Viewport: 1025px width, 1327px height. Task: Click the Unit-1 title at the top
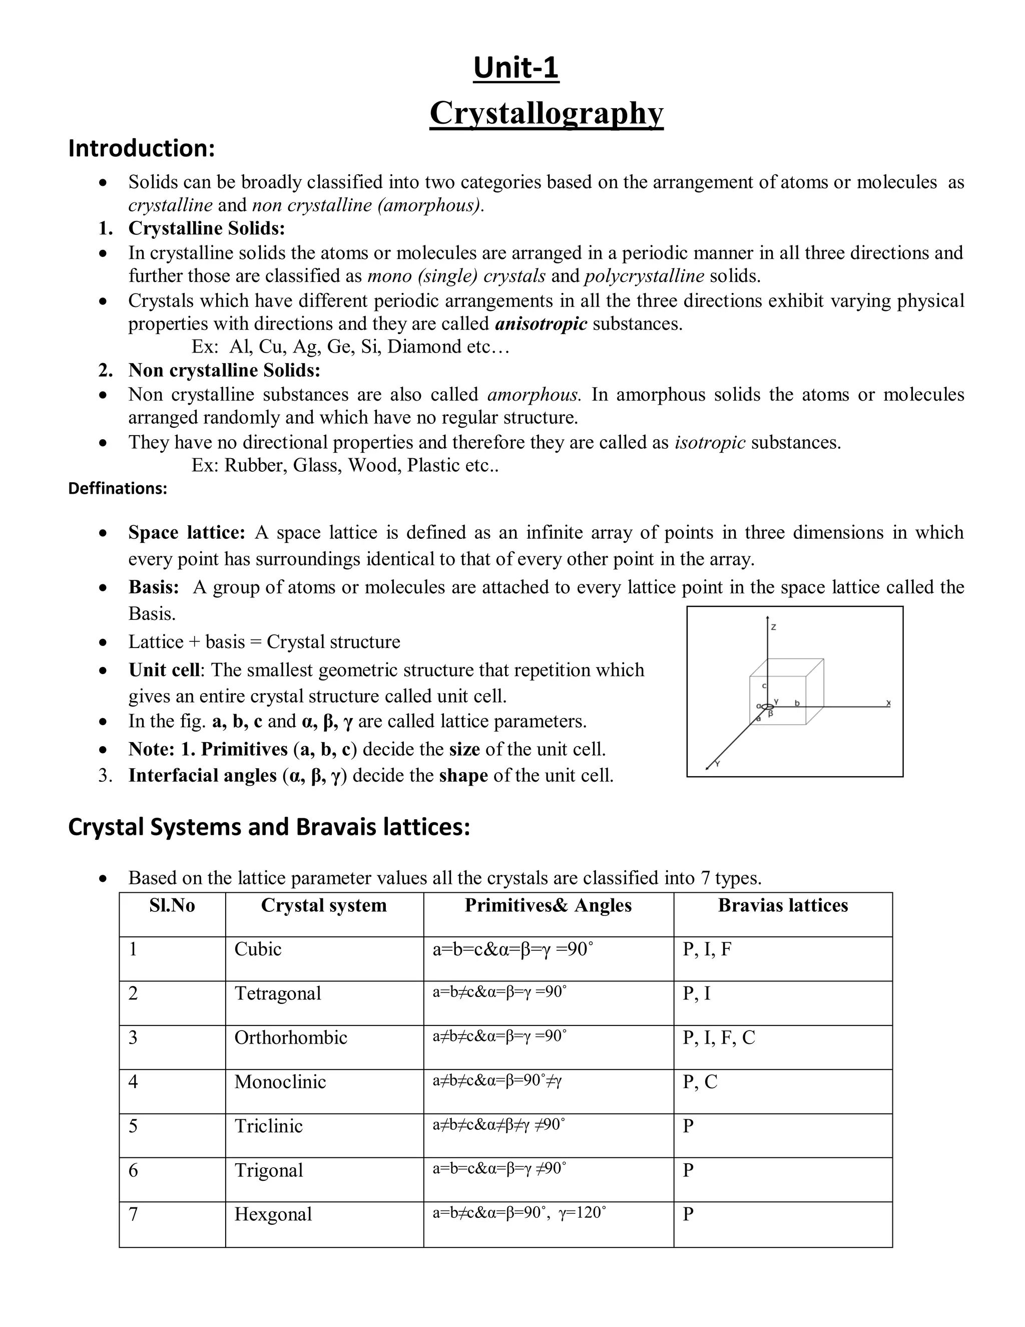pyautogui.click(x=516, y=68)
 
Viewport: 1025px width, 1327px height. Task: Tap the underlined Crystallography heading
pyautogui.click(x=546, y=113)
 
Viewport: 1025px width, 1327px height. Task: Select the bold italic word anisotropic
pyautogui.click(x=541, y=324)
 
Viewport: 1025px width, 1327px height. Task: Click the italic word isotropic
pyautogui.click(x=710, y=442)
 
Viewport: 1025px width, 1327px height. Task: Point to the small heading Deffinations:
pyautogui.click(x=117, y=489)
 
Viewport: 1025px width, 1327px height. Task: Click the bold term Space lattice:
pyautogui.click(x=186, y=532)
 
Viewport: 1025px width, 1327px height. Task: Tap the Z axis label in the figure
pyautogui.click(x=773, y=627)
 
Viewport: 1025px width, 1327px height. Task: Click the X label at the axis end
pyautogui.click(x=888, y=703)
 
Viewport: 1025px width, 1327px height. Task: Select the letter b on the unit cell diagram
pyautogui.click(x=797, y=703)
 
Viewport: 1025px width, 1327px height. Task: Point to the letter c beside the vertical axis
pyautogui.click(x=764, y=686)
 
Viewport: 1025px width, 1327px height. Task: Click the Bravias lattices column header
pyautogui.click(x=783, y=905)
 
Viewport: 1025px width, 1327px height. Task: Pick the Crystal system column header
pyautogui.click(x=324, y=905)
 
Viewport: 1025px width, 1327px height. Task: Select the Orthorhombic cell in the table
pyautogui.click(x=291, y=1037)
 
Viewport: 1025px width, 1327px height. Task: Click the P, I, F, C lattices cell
pyautogui.click(x=719, y=1037)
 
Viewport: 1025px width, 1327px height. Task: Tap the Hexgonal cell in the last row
pyautogui.click(x=273, y=1214)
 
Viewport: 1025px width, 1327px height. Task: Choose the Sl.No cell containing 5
pyautogui.click(x=134, y=1126)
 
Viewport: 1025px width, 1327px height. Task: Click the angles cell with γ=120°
pyautogui.click(x=519, y=1213)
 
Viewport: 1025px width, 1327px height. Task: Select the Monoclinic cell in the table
pyautogui.click(x=280, y=1082)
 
